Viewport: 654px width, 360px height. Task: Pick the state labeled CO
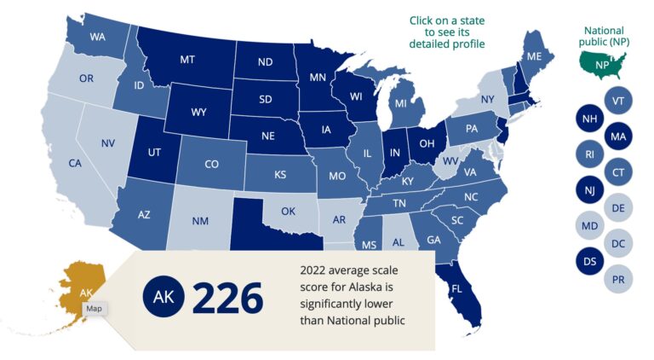coord(212,165)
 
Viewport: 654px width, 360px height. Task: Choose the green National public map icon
coord(602,62)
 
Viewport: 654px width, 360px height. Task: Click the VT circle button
coord(617,101)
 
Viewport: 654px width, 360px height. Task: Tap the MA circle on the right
coord(617,136)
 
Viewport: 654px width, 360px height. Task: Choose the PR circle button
coord(617,278)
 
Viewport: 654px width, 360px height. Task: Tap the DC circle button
coord(617,243)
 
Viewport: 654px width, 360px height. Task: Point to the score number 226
coord(227,298)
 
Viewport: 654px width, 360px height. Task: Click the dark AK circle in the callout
coord(160,298)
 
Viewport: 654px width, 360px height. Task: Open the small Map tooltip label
coord(94,309)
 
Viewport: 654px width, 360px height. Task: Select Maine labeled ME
coord(535,56)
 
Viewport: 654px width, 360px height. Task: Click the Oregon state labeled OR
coord(86,78)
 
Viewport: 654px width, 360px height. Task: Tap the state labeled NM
coord(200,221)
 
